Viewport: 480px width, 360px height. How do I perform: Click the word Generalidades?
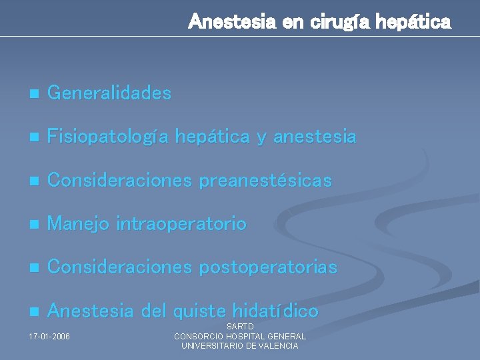109,93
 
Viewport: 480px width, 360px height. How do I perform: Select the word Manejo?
79,224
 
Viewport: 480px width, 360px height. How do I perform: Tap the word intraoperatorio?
181,224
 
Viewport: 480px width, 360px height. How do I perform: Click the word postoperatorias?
269,267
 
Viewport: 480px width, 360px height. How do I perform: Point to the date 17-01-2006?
50,336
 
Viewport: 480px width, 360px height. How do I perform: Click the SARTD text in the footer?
240,327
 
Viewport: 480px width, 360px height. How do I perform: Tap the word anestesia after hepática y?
315,137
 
